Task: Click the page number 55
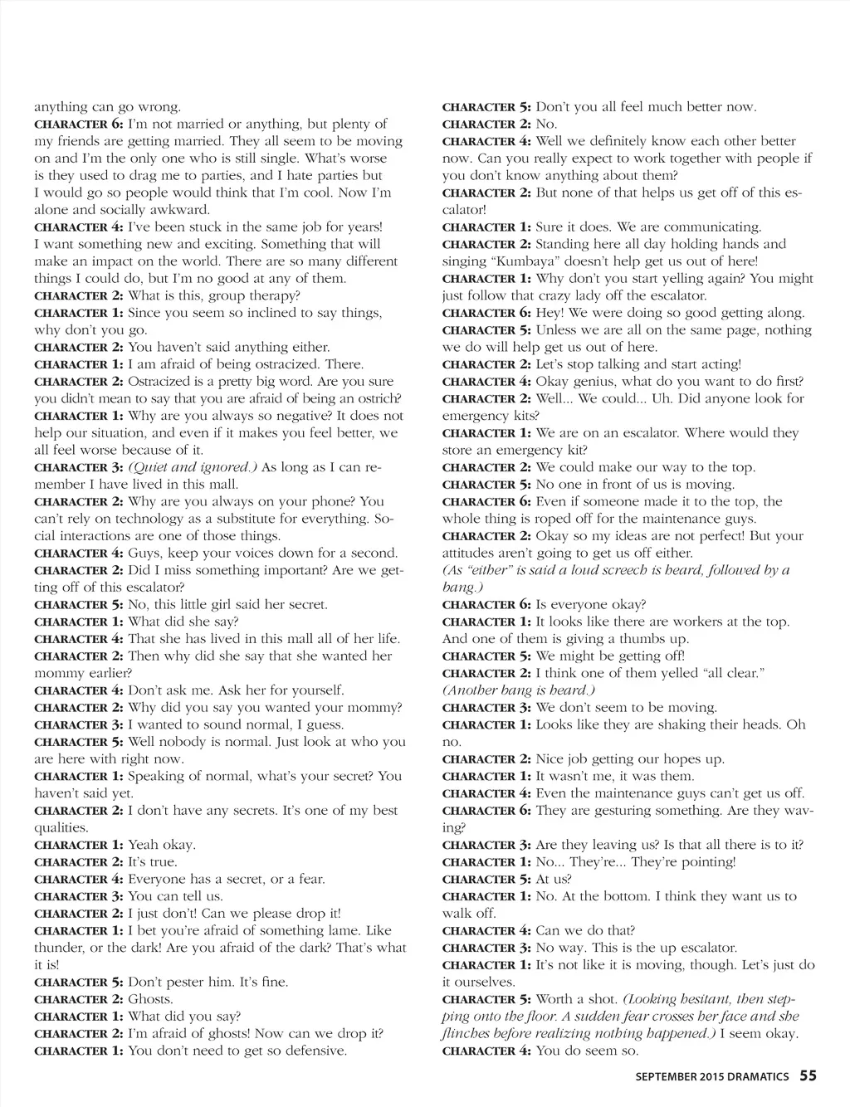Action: point(808,1075)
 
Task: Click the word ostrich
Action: point(377,399)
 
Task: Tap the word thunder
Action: point(60,948)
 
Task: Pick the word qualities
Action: point(61,828)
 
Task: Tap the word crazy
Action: point(535,295)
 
